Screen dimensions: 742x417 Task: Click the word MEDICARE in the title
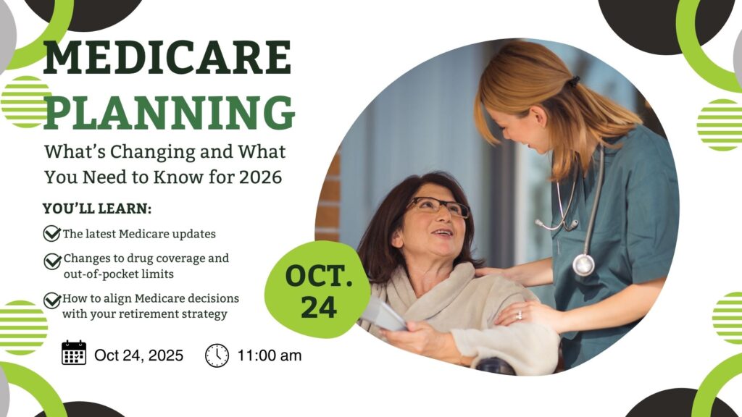167,58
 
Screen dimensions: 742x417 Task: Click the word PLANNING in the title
170,112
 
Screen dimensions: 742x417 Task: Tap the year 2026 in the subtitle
260,177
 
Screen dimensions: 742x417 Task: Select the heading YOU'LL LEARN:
97,208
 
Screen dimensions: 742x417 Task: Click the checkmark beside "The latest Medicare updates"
52,233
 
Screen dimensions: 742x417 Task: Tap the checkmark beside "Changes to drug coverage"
52,261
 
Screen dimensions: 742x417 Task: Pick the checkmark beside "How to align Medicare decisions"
52,300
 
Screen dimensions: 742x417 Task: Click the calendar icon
74,353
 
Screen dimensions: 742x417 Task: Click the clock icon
217,355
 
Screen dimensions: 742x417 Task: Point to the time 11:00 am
270,355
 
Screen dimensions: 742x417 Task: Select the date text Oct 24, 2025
138,355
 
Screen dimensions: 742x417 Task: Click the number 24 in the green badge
319,307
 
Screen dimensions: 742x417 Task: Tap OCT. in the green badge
319,276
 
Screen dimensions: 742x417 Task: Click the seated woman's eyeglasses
438,207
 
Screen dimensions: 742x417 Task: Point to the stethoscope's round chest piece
583,265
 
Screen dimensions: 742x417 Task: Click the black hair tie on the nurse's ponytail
574,82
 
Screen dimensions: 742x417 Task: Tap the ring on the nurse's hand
520,315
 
